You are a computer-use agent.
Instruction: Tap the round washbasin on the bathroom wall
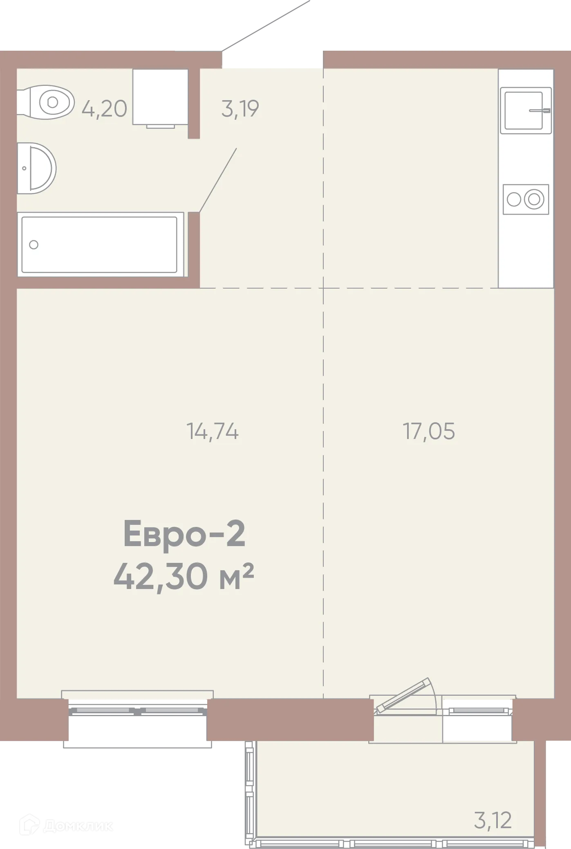38,168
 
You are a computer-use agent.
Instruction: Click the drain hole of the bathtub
34,244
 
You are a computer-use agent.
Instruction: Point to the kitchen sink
525,110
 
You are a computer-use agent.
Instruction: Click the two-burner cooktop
526,199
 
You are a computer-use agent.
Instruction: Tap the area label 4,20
104,109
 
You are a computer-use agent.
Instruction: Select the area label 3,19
240,109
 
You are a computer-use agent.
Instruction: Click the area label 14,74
213,431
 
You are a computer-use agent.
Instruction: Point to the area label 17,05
429,431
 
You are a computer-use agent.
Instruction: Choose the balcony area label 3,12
493,820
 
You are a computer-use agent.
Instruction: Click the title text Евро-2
184,535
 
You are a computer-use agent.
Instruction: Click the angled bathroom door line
218,180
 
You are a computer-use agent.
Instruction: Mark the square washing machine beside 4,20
160,97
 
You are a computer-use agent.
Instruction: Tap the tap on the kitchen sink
540,110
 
